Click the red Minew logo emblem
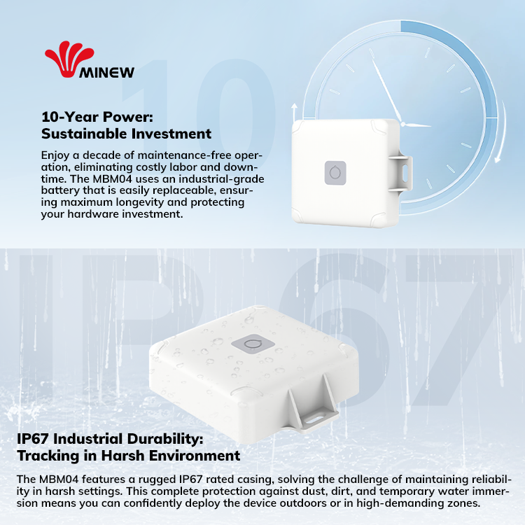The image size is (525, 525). (x=69, y=59)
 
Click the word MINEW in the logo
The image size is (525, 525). (x=107, y=72)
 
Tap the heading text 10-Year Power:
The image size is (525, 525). (x=97, y=117)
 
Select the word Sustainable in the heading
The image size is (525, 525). (x=84, y=134)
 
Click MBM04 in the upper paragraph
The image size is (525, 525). (x=112, y=178)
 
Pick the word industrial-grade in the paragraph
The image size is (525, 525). (x=221, y=179)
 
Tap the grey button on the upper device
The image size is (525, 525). (x=335, y=173)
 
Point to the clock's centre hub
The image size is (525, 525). (x=403, y=125)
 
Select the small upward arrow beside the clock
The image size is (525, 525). (x=294, y=112)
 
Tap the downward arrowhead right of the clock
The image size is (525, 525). (x=498, y=157)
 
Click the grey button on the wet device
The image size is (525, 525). (x=253, y=344)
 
